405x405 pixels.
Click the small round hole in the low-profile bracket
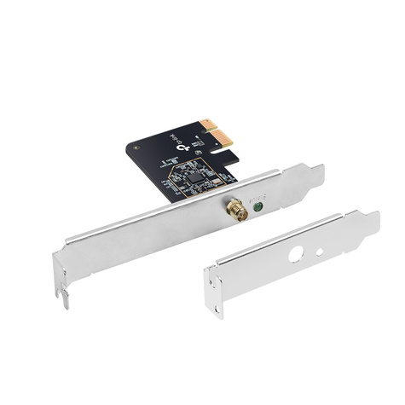pyautogui.click(x=319, y=252)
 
